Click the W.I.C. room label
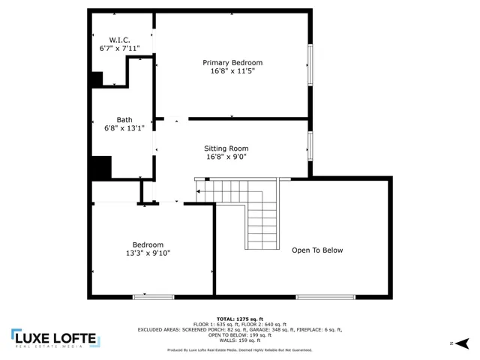click(120, 39)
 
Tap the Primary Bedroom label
click(232, 62)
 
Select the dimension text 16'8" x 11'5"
click(232, 72)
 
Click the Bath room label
click(124, 119)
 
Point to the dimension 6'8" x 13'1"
click(124, 128)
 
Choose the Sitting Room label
click(226, 148)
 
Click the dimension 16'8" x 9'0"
click(226, 157)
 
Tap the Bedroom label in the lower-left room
click(148, 244)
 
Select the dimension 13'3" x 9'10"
click(148, 253)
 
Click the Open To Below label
click(317, 250)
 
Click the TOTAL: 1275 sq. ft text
click(240, 318)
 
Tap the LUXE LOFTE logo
click(54, 339)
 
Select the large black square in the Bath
click(100, 166)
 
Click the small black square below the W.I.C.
click(97, 79)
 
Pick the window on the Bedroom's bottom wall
click(154, 297)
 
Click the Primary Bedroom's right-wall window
click(309, 64)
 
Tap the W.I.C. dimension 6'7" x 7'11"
click(120, 49)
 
